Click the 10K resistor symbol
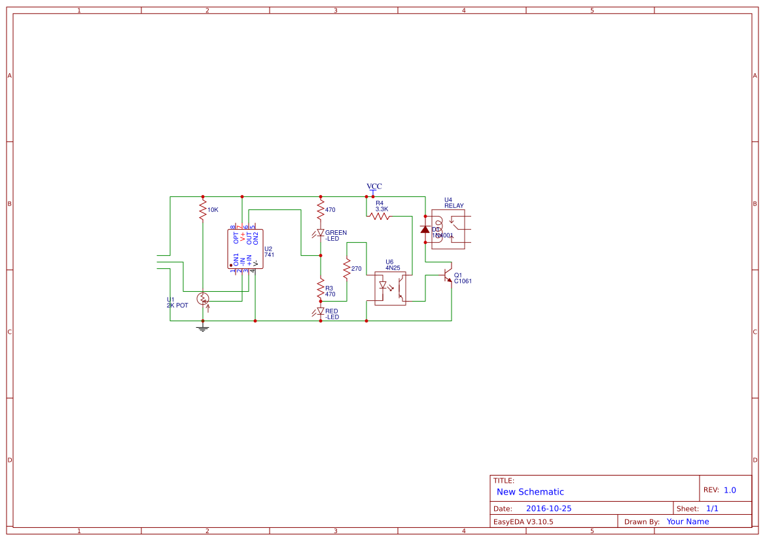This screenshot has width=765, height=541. tap(203, 210)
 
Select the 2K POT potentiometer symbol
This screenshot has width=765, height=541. tap(203, 299)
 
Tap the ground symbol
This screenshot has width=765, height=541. tap(203, 328)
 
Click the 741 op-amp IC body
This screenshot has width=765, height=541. tap(242, 249)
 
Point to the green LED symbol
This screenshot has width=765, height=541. tap(321, 232)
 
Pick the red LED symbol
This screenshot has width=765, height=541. tap(321, 311)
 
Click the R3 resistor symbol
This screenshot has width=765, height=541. tap(321, 288)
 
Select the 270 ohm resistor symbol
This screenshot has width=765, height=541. tap(347, 269)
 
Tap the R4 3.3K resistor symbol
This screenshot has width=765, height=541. tap(380, 216)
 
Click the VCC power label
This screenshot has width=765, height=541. tap(374, 187)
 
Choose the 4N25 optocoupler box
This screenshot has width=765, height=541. tap(390, 288)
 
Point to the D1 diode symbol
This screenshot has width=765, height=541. tap(425, 229)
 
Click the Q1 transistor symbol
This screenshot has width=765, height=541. tap(448, 275)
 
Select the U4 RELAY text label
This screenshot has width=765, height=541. tap(454, 203)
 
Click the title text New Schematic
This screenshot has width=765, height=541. tap(530, 492)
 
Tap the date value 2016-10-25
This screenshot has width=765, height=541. tap(548, 508)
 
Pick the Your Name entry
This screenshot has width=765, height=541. tap(688, 521)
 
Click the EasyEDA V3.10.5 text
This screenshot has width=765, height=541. tap(523, 521)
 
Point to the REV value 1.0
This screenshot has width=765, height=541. tap(730, 490)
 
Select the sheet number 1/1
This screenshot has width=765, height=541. tap(712, 508)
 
